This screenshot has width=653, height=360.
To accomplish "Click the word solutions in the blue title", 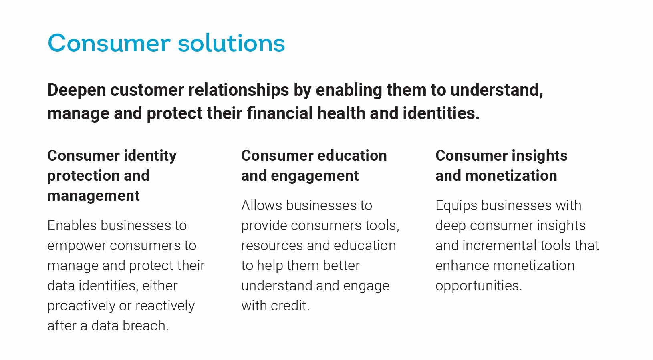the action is pos(231,43).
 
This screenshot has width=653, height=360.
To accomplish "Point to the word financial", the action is pos(280,113).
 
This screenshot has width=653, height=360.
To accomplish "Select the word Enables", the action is pos(72,225).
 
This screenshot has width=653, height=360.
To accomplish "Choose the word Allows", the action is pos(262,205).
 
